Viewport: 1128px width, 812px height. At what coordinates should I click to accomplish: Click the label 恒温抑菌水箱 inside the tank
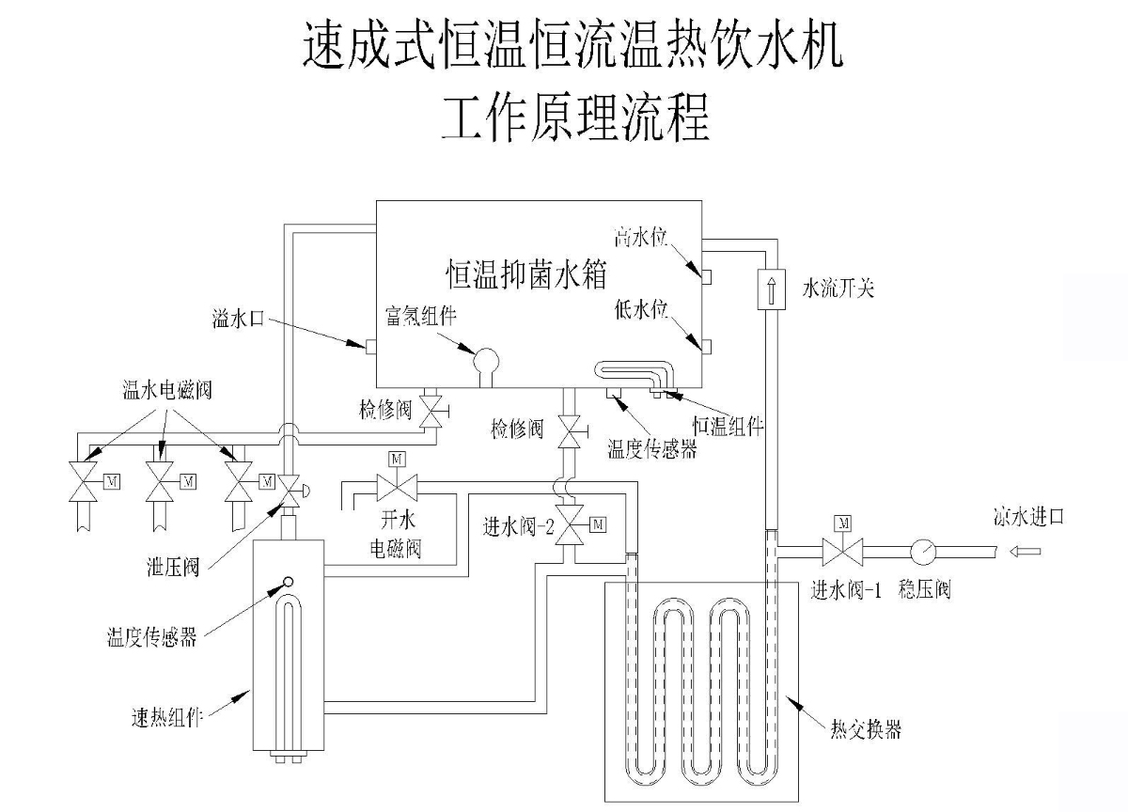click(x=526, y=274)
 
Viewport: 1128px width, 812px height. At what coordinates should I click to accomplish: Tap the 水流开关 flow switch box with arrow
click(x=771, y=289)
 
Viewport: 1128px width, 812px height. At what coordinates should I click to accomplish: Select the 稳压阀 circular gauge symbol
click(x=923, y=552)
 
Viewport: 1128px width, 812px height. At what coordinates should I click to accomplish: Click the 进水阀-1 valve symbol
click(x=842, y=552)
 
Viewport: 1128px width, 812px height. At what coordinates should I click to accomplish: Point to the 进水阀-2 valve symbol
click(x=569, y=525)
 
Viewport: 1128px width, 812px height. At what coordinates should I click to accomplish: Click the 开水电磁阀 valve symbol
click(x=397, y=488)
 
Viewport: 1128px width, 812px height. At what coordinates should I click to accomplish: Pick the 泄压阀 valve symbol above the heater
click(x=290, y=491)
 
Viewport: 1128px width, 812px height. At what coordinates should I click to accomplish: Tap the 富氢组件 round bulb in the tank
click(x=486, y=362)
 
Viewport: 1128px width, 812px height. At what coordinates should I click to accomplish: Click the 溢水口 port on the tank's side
click(x=370, y=347)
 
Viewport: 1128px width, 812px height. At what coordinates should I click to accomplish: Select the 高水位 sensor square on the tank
click(x=707, y=277)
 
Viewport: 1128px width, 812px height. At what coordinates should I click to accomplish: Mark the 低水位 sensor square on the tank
click(x=707, y=347)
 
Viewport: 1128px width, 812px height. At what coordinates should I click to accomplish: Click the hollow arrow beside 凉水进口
click(x=1025, y=552)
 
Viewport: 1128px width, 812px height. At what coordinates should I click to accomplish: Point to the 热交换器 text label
click(x=866, y=728)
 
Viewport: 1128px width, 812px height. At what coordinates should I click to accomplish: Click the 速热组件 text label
click(x=166, y=717)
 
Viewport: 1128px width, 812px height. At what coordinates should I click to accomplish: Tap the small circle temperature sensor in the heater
click(x=288, y=582)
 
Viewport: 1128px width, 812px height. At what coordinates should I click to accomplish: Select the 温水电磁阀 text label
click(x=166, y=390)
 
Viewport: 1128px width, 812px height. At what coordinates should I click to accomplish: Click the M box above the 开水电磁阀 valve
click(x=397, y=459)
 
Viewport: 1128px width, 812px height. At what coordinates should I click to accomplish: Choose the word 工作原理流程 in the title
click(x=576, y=117)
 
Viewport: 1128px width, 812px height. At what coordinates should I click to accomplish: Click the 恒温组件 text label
click(x=728, y=427)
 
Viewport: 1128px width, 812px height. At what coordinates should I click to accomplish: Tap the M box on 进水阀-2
click(x=598, y=524)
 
